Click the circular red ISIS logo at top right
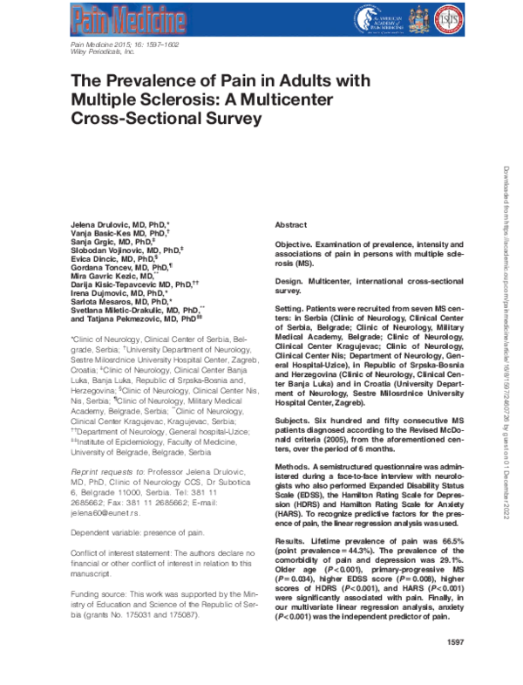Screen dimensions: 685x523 [459, 17]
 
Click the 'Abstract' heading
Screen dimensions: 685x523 [290, 224]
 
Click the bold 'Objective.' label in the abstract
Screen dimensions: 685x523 [295, 245]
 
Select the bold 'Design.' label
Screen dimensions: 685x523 [290, 283]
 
